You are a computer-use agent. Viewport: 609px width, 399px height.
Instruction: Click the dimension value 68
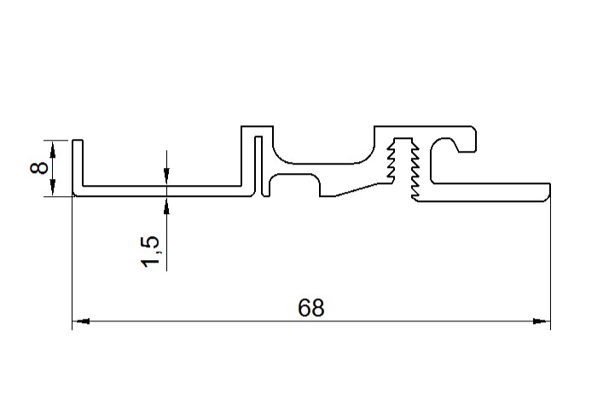point(311,308)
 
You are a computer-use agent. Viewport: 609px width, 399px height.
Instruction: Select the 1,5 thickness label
point(151,252)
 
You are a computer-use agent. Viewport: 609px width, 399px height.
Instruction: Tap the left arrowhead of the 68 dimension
point(81,322)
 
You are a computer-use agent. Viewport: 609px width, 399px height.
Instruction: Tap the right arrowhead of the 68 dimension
point(541,322)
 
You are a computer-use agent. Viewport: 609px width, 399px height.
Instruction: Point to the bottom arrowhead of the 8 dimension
point(54,189)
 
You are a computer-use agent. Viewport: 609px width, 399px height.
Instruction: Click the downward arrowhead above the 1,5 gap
point(166,176)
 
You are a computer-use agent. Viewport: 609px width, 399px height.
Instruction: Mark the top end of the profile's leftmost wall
point(77,140)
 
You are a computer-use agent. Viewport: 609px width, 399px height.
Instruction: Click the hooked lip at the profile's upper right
point(468,142)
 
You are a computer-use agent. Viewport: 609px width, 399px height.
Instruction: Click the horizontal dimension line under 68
point(213,322)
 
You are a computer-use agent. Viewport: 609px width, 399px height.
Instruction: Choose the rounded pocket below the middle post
point(295,183)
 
